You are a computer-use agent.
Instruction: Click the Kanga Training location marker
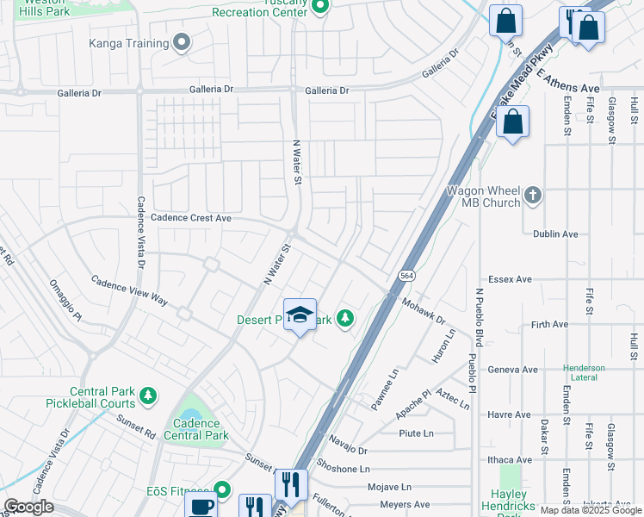click(x=182, y=42)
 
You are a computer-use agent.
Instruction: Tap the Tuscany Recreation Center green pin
click(x=320, y=8)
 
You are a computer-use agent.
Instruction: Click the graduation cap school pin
click(x=300, y=316)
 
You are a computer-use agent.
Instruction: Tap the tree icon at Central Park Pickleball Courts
click(x=149, y=396)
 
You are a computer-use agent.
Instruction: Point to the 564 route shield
click(x=406, y=275)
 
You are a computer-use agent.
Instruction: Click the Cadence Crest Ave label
click(x=191, y=219)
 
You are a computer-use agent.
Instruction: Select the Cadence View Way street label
click(x=129, y=293)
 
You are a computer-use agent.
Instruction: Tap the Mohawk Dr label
click(x=422, y=311)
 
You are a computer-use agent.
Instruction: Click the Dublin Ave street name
click(x=555, y=234)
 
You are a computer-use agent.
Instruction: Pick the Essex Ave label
click(x=510, y=279)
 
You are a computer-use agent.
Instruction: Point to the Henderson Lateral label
click(x=584, y=373)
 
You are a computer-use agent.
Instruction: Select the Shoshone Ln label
click(x=343, y=470)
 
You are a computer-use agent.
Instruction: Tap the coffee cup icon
click(x=201, y=508)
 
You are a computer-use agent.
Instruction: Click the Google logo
click(x=28, y=507)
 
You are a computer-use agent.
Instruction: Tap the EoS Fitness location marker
click(x=222, y=490)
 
